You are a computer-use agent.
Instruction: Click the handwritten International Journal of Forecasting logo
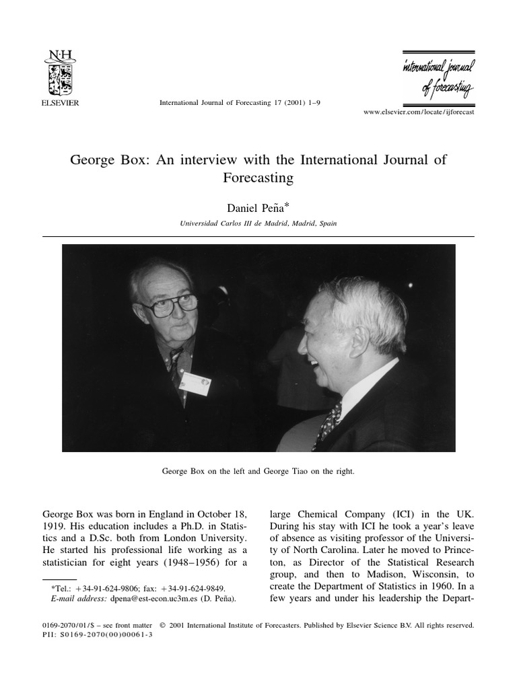click(438, 78)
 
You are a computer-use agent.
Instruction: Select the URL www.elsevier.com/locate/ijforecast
click(419, 112)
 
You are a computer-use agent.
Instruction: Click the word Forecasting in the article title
click(258, 178)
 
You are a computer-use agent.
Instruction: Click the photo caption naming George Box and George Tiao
click(258, 472)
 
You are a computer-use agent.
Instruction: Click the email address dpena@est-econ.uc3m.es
click(133, 596)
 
